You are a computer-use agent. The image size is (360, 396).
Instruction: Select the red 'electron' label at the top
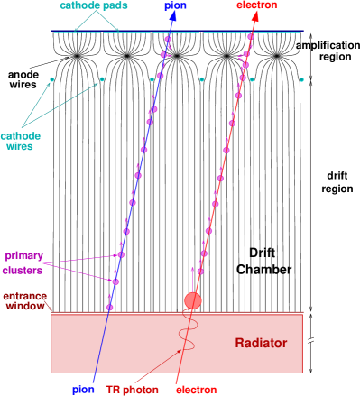256,5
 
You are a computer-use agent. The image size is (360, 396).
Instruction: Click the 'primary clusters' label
23,262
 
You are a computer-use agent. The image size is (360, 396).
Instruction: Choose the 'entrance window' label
24,301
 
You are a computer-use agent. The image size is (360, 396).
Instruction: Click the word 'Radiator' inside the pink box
261,343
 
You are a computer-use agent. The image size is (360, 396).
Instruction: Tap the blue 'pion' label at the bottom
84,390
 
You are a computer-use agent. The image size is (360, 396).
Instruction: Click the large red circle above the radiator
192,300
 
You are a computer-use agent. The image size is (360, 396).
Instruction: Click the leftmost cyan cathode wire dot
51,79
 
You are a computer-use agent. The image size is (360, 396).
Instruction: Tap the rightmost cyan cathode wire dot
301,79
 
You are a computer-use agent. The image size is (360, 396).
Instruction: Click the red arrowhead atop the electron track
254,17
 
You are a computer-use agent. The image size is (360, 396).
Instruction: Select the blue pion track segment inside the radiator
100,343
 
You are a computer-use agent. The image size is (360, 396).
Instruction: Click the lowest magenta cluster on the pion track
110,309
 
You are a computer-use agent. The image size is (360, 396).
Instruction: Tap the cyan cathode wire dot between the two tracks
201,79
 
